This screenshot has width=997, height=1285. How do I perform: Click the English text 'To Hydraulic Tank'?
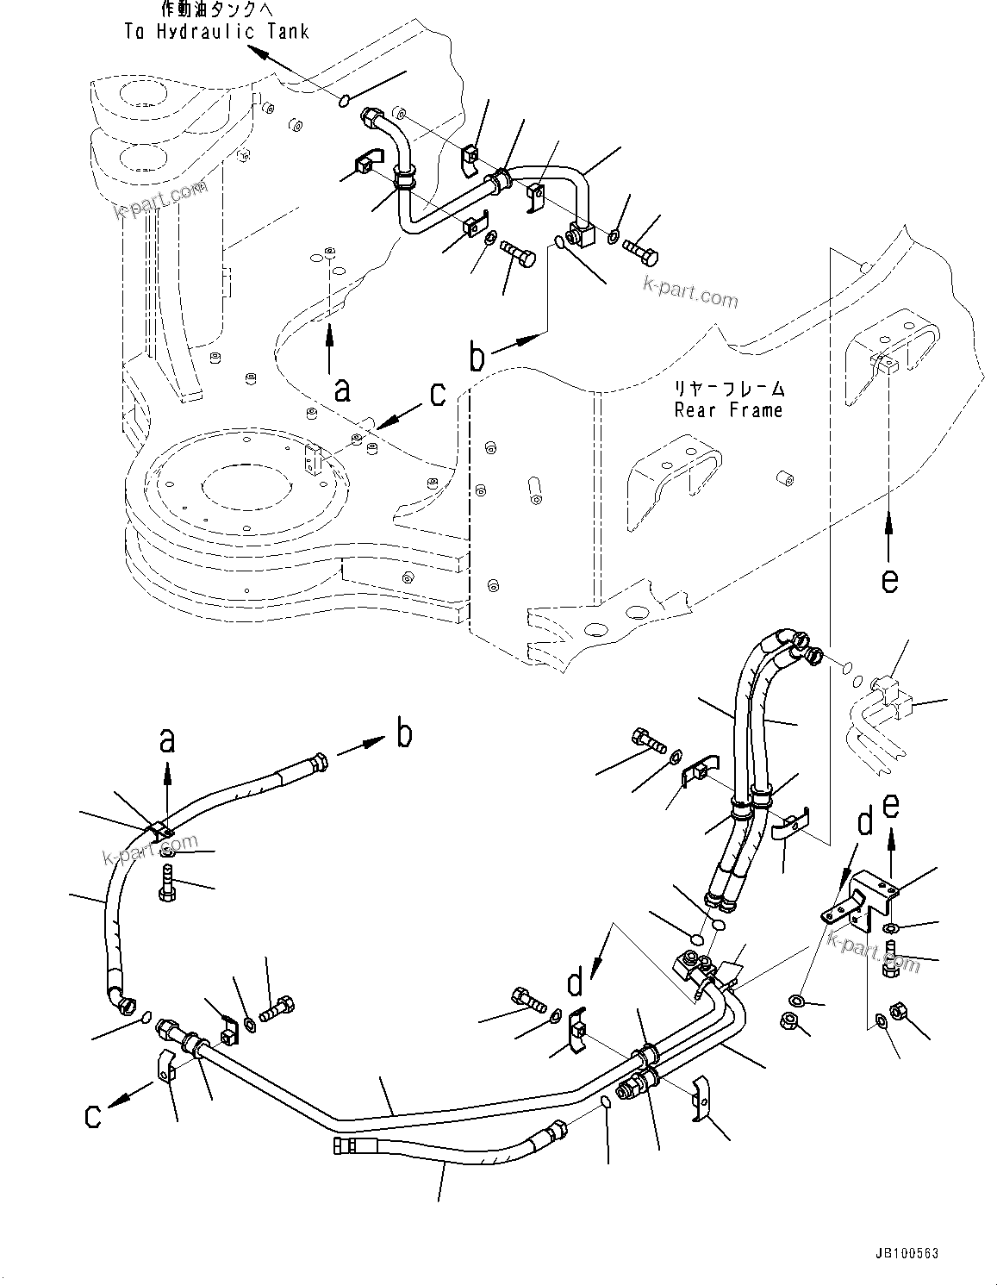217,32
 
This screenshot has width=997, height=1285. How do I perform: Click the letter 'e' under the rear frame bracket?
889,580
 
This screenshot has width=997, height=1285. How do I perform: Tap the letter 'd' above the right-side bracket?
864,822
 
